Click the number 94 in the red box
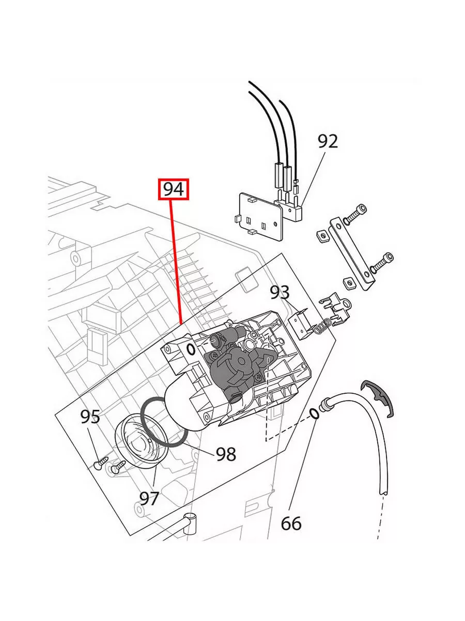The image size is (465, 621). pos(174,189)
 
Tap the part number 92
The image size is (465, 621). pos(327,141)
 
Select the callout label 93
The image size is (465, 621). pos(280,292)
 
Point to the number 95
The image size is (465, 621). pos(90,417)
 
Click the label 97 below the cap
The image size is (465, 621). pos(149,498)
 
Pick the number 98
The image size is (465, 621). pos(226,454)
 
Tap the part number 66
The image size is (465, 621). pos(291,524)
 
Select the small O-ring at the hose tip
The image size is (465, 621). pos(314,412)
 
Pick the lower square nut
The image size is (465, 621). pos(348,283)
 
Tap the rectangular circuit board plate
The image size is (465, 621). pos(258,213)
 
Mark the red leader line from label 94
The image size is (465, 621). pos(176,259)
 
